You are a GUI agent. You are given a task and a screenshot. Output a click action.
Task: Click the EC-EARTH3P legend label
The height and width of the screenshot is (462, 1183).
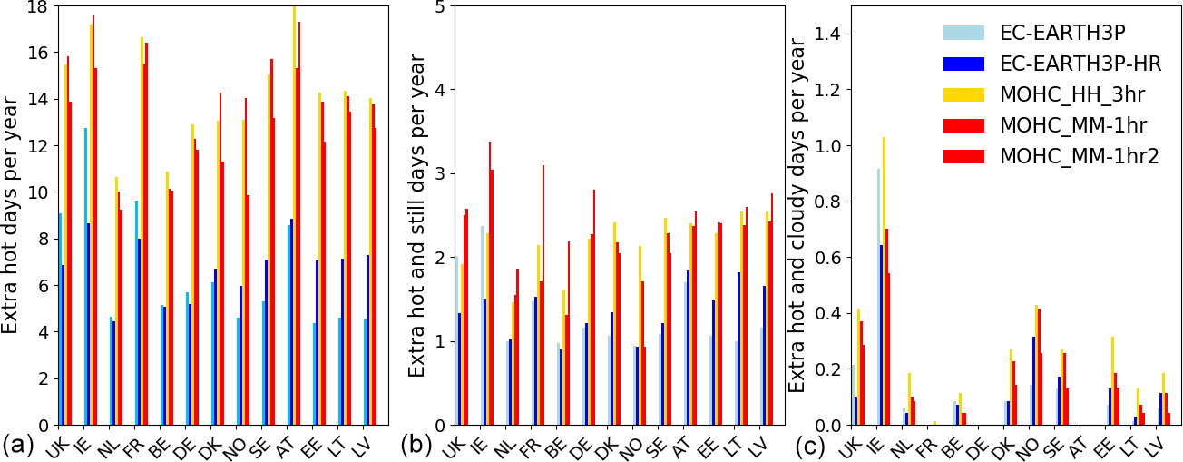1062,34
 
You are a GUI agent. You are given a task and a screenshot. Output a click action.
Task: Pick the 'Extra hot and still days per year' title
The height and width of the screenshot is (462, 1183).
415,214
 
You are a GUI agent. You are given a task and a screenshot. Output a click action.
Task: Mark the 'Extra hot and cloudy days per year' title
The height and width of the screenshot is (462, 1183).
797,216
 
